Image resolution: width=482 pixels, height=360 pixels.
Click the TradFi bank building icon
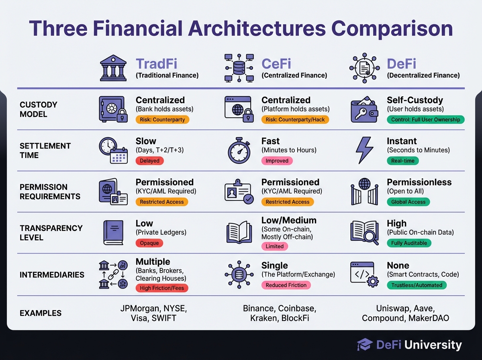point(113,68)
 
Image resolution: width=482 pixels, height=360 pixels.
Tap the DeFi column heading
point(401,64)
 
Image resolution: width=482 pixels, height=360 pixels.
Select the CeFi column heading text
point(276,64)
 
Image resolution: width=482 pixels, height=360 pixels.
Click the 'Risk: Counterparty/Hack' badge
point(295,119)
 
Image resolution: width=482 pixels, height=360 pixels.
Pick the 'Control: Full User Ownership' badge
point(425,119)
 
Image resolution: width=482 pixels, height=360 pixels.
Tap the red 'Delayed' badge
point(149,161)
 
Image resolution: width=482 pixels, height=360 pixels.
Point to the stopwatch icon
point(239,150)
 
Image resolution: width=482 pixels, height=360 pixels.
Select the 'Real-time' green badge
point(403,161)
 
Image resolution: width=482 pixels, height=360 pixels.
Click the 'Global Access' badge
point(408,202)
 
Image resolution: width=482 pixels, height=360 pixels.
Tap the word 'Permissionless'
point(419,182)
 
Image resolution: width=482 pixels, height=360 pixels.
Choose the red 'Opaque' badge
point(149,243)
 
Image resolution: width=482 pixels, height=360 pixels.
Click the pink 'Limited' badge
point(274,246)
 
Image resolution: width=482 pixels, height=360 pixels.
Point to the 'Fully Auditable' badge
point(409,243)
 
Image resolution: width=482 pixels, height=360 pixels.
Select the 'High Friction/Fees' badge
point(162,288)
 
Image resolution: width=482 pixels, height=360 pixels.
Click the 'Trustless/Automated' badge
point(417,285)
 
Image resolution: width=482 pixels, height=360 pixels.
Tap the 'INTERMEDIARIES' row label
point(52,275)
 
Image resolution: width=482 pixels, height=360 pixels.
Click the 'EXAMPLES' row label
point(41,313)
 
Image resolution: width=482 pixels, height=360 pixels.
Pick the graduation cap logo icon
point(365,344)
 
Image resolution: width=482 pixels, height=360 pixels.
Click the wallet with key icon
point(364,109)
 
